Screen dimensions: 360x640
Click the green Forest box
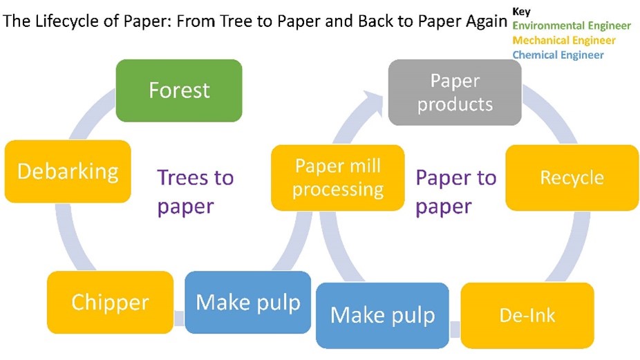(x=178, y=90)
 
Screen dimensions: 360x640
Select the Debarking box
(x=68, y=171)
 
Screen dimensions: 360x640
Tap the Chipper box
(x=110, y=302)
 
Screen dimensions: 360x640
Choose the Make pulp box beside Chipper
(x=248, y=302)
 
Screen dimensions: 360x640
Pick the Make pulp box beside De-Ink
(x=382, y=315)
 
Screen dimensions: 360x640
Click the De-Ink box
(x=527, y=315)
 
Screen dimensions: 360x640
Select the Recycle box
(x=572, y=178)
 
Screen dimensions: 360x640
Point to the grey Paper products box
(x=454, y=92)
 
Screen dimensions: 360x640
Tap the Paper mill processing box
(x=338, y=178)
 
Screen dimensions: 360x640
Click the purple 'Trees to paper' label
(x=196, y=191)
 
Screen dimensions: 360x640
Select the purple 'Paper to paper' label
(x=455, y=191)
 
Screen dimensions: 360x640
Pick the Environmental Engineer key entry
(x=571, y=26)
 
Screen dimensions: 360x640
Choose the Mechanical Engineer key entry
(x=563, y=40)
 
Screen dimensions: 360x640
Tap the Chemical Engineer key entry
(x=558, y=55)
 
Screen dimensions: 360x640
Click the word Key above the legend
(x=521, y=12)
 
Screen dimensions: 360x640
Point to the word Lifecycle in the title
(x=68, y=21)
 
